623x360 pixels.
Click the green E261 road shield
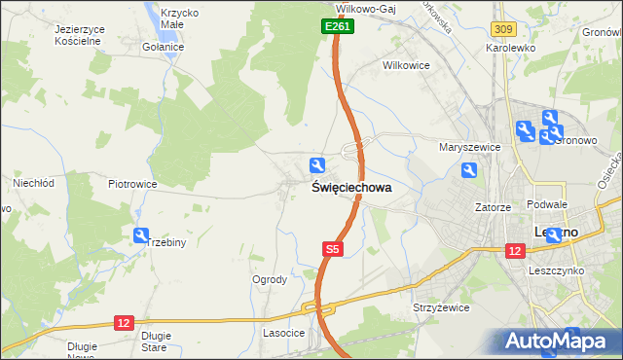click(x=337, y=27)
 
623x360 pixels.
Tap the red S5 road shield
click(x=333, y=250)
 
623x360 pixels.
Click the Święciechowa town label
click(x=352, y=188)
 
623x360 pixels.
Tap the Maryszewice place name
click(x=469, y=147)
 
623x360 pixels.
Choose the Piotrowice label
click(x=132, y=183)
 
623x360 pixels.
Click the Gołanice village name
click(x=163, y=47)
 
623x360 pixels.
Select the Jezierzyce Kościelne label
click(x=66, y=36)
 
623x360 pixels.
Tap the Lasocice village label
click(x=284, y=333)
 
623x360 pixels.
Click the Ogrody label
click(x=270, y=279)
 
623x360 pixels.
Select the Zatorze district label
click(x=493, y=207)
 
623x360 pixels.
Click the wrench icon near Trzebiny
click(x=141, y=234)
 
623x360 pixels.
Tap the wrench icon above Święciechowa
click(x=316, y=165)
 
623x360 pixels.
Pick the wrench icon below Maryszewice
click(x=469, y=171)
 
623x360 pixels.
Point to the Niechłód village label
click(x=32, y=182)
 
